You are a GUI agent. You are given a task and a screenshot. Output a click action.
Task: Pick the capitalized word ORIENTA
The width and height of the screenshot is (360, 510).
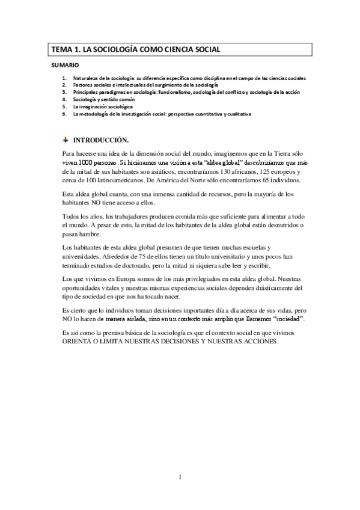(79, 341)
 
